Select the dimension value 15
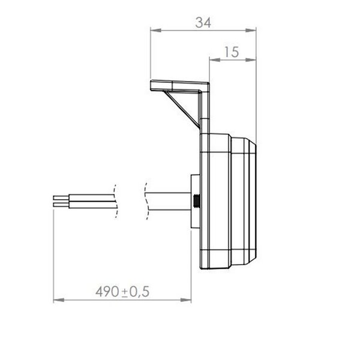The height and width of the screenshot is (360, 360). tap(230, 52)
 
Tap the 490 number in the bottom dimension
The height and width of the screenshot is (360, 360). tap(107, 292)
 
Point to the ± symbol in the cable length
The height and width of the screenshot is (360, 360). tap(126, 292)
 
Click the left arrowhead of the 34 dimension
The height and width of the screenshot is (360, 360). tap(153, 28)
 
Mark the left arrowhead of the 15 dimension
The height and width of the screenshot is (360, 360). tap(212, 59)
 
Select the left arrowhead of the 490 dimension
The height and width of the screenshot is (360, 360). tap(58, 299)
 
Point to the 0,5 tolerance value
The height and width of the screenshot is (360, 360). tap(140, 292)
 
